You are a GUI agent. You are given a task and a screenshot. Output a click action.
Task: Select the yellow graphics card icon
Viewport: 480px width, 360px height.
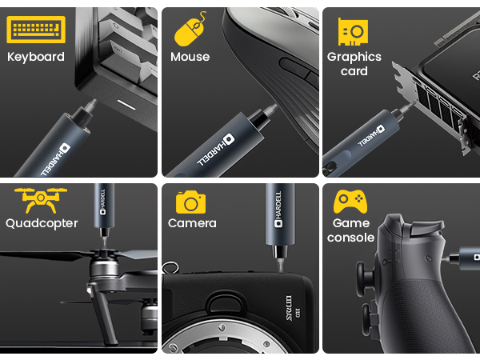click(x=353, y=31)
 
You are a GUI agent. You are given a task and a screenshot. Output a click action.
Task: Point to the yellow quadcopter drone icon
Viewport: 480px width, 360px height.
click(x=41, y=200)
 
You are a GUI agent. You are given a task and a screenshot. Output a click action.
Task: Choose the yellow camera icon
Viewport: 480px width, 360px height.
click(x=190, y=202)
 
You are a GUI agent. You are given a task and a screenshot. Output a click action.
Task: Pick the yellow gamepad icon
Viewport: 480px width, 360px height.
click(x=350, y=201)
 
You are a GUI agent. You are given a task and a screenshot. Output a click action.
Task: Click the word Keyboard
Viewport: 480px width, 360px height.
click(x=36, y=57)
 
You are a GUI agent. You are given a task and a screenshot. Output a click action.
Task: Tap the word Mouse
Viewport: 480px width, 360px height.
click(x=190, y=57)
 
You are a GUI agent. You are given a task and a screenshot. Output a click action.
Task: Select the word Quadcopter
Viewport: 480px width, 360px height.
click(x=42, y=223)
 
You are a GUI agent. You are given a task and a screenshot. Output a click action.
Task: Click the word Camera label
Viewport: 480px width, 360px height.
click(x=192, y=223)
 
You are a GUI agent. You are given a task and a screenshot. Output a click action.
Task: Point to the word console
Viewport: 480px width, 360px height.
click(x=350, y=238)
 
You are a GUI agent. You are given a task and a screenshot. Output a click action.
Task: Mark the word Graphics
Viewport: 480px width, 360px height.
click(x=354, y=57)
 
